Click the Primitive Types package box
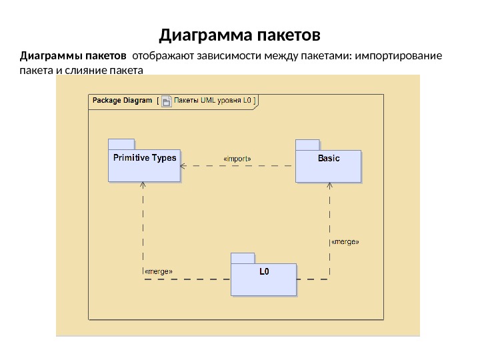pos(144,165)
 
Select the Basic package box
pos(329,166)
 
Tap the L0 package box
pos(263,279)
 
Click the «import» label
pos(237,159)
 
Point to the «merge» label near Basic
pos(345,242)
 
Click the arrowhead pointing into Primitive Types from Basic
pos(185,166)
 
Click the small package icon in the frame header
pos(167,101)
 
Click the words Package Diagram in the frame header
pos(122,101)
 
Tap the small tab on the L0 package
pos(243,258)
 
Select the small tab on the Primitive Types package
pos(121,143)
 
